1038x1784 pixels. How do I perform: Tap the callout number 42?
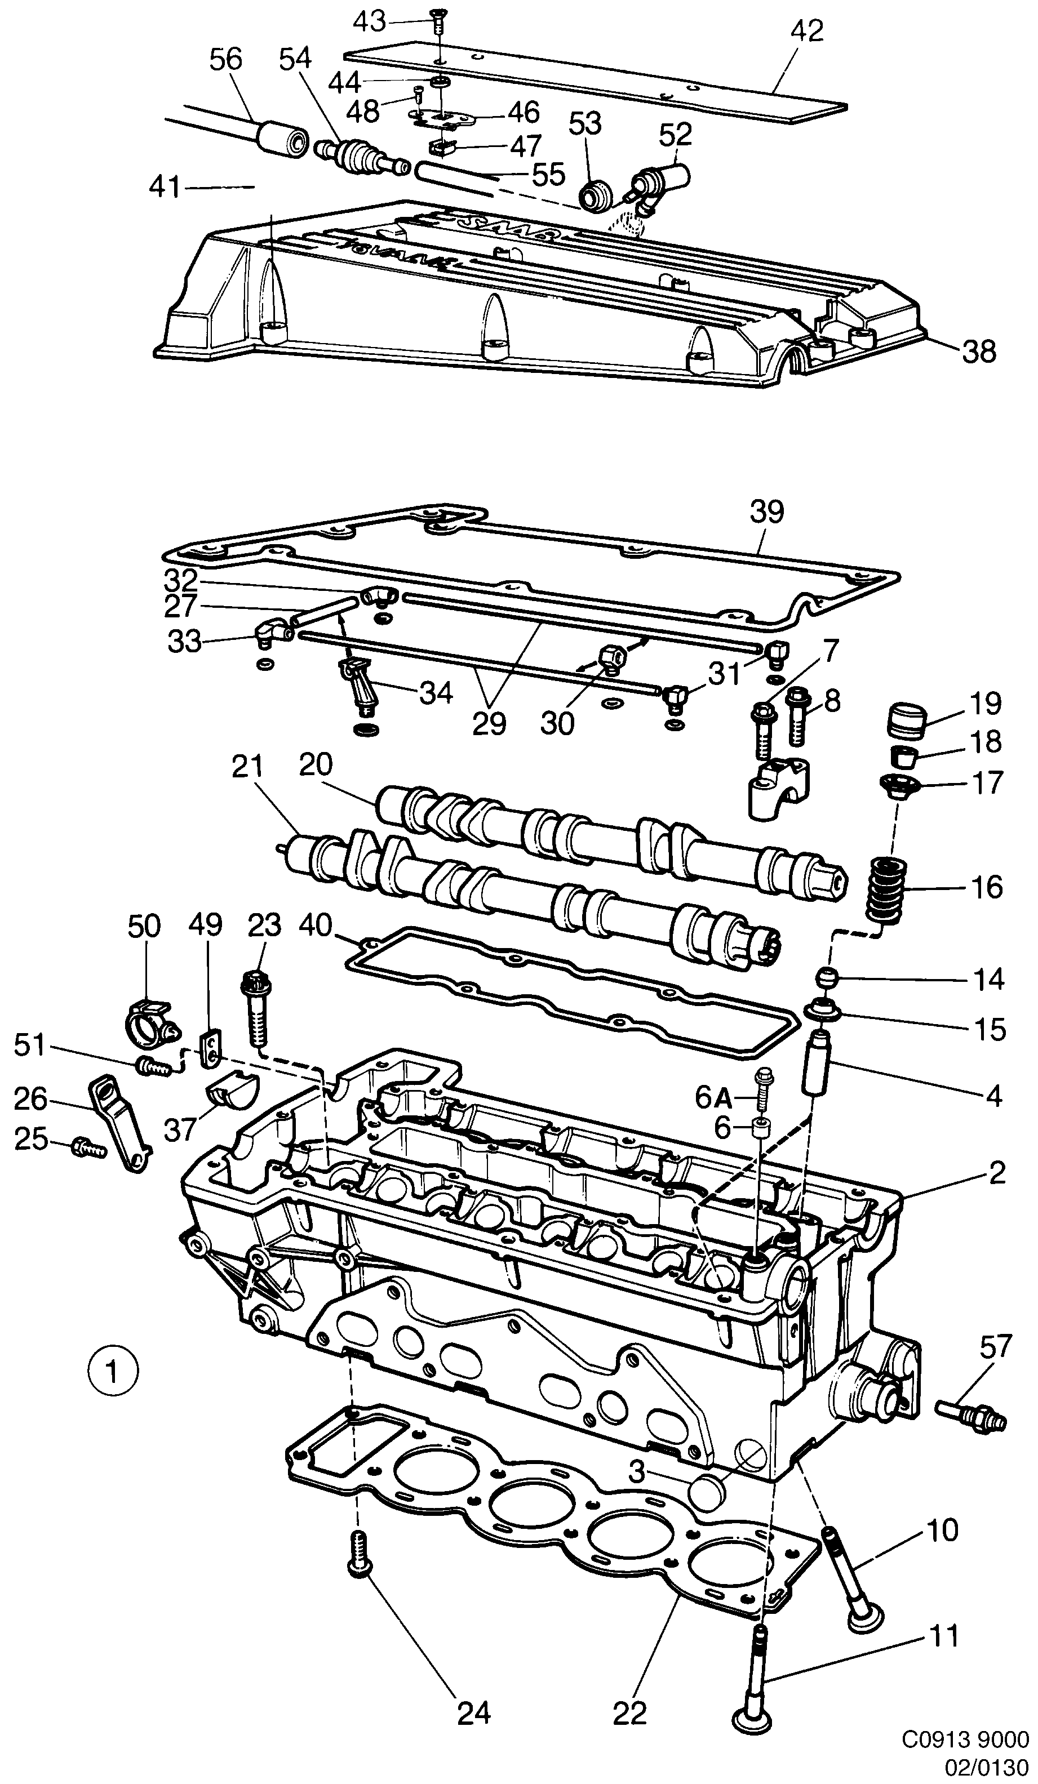click(807, 31)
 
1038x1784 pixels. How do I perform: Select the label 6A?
click(712, 1098)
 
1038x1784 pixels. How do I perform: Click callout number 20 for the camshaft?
click(315, 766)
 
